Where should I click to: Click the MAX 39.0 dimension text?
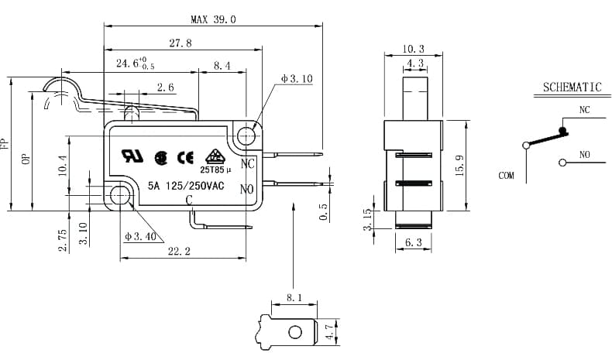[x=213, y=19]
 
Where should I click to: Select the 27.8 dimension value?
[x=181, y=43]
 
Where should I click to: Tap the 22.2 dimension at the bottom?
[x=179, y=252]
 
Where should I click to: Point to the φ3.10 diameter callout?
[x=297, y=79]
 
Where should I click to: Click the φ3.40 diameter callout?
[x=140, y=236]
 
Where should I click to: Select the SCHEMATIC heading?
[x=572, y=87]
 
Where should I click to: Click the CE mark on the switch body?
[x=185, y=158]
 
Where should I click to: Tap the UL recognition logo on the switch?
[x=132, y=156]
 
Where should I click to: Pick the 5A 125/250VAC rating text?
[x=186, y=186]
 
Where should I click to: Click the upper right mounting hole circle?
[x=246, y=136]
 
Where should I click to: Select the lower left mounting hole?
[x=119, y=194]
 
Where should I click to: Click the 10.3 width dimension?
[x=413, y=49]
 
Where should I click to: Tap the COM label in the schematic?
[x=506, y=176]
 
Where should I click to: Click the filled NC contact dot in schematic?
[x=562, y=130]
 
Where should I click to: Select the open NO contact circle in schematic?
[x=562, y=163]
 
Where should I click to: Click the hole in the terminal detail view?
[x=295, y=332]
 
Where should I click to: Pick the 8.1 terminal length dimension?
[x=294, y=298]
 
